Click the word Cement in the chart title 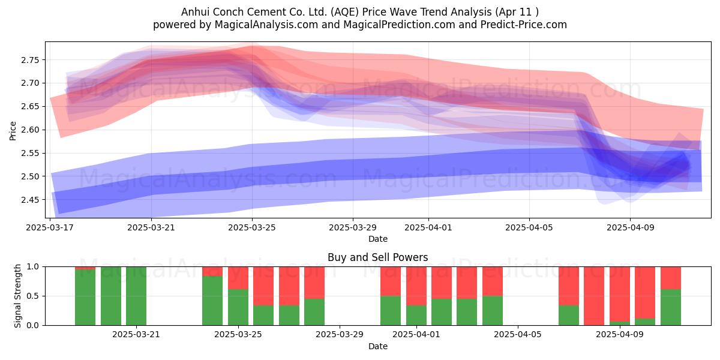268,12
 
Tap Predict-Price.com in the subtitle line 523,25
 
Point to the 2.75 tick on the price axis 30,60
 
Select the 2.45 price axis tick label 30,200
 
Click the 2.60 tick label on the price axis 30,130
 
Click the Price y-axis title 13,131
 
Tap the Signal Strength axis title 17,296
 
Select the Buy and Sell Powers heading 377,257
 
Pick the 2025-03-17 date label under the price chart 50,227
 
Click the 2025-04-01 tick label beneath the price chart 428,227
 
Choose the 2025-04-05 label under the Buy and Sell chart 517,334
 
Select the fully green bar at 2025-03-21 136,296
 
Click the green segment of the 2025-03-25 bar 238,307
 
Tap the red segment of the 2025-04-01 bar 416,286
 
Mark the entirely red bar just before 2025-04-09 594,296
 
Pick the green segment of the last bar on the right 671,307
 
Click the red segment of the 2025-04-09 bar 620,294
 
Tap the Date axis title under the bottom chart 377,346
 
